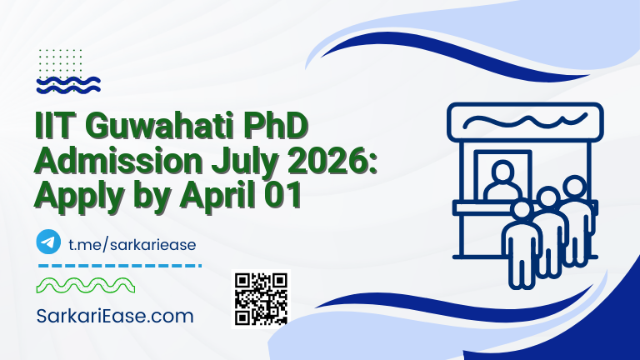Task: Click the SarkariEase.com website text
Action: [x=115, y=317]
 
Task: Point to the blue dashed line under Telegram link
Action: [x=120, y=265]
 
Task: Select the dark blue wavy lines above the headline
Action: [x=69, y=83]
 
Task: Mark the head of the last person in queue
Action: [x=574, y=185]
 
